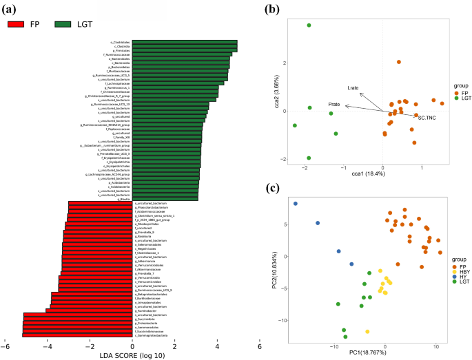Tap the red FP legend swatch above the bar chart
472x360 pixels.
pyautogui.click(x=18, y=24)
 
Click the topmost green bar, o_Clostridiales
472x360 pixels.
pyautogui.click(x=185, y=42)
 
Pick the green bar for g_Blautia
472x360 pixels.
pyautogui.click(x=165, y=200)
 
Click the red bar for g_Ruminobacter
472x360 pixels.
pyautogui.click(x=89, y=310)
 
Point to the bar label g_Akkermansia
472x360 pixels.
pyautogui.click(x=145, y=262)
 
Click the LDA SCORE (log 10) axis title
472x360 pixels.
pyautogui.click(x=132, y=355)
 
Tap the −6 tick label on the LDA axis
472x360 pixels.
pyautogui.click(x=5, y=346)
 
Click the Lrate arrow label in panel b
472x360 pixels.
pyautogui.click(x=353, y=87)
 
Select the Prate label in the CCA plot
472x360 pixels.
pyautogui.click(x=334, y=105)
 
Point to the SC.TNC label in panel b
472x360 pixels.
pyautogui.click(x=427, y=118)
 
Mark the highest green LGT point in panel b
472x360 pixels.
pyautogui.click(x=309, y=25)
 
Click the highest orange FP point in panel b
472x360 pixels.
pyautogui.click(x=399, y=62)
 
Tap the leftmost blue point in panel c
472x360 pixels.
pyautogui.click(x=296, y=204)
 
